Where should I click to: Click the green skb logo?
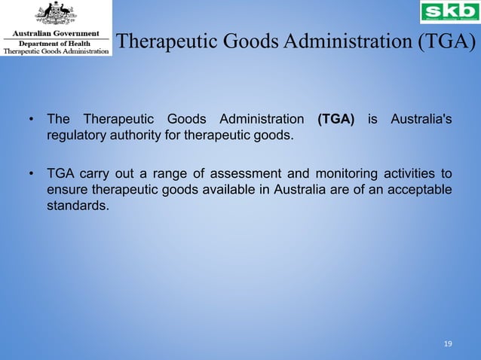point(449,12)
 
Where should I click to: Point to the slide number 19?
point(448,344)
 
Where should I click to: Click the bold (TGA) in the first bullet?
point(336,120)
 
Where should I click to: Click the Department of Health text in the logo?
point(56,44)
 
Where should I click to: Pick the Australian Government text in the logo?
point(56,35)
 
